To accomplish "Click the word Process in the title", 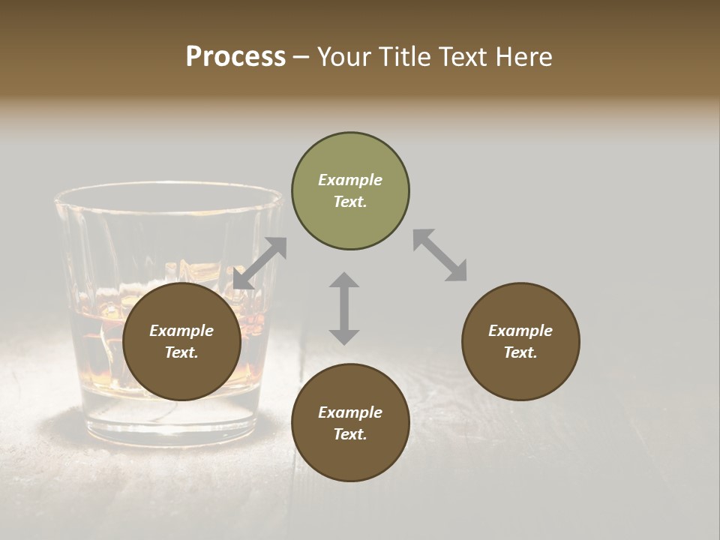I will click(235, 57).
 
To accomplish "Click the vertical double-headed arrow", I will click(344, 308).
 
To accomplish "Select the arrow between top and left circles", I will click(260, 262).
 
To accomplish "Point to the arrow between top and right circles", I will click(439, 255).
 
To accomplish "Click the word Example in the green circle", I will click(350, 180).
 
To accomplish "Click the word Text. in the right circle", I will click(520, 352).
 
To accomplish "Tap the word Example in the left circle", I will click(181, 331).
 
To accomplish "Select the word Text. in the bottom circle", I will click(350, 434).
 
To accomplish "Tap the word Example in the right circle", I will click(520, 331).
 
